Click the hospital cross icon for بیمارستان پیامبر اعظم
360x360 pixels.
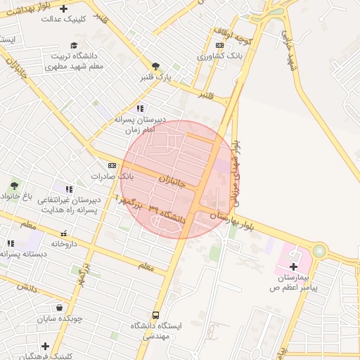pos(293,266)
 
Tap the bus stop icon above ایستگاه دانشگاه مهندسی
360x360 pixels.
pos(155,316)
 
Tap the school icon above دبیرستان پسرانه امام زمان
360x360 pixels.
pos(140,108)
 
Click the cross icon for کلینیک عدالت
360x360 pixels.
pos(64,9)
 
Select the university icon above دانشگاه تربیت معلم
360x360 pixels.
pos(74,45)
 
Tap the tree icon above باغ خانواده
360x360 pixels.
pos(13,186)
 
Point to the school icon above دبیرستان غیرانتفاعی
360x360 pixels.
pos(69,189)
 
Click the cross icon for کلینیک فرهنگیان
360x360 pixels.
pos(45,346)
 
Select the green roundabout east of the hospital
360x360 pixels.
pos(320,250)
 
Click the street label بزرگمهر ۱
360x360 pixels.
pos(130,204)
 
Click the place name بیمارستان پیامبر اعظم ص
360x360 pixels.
pos(295,283)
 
